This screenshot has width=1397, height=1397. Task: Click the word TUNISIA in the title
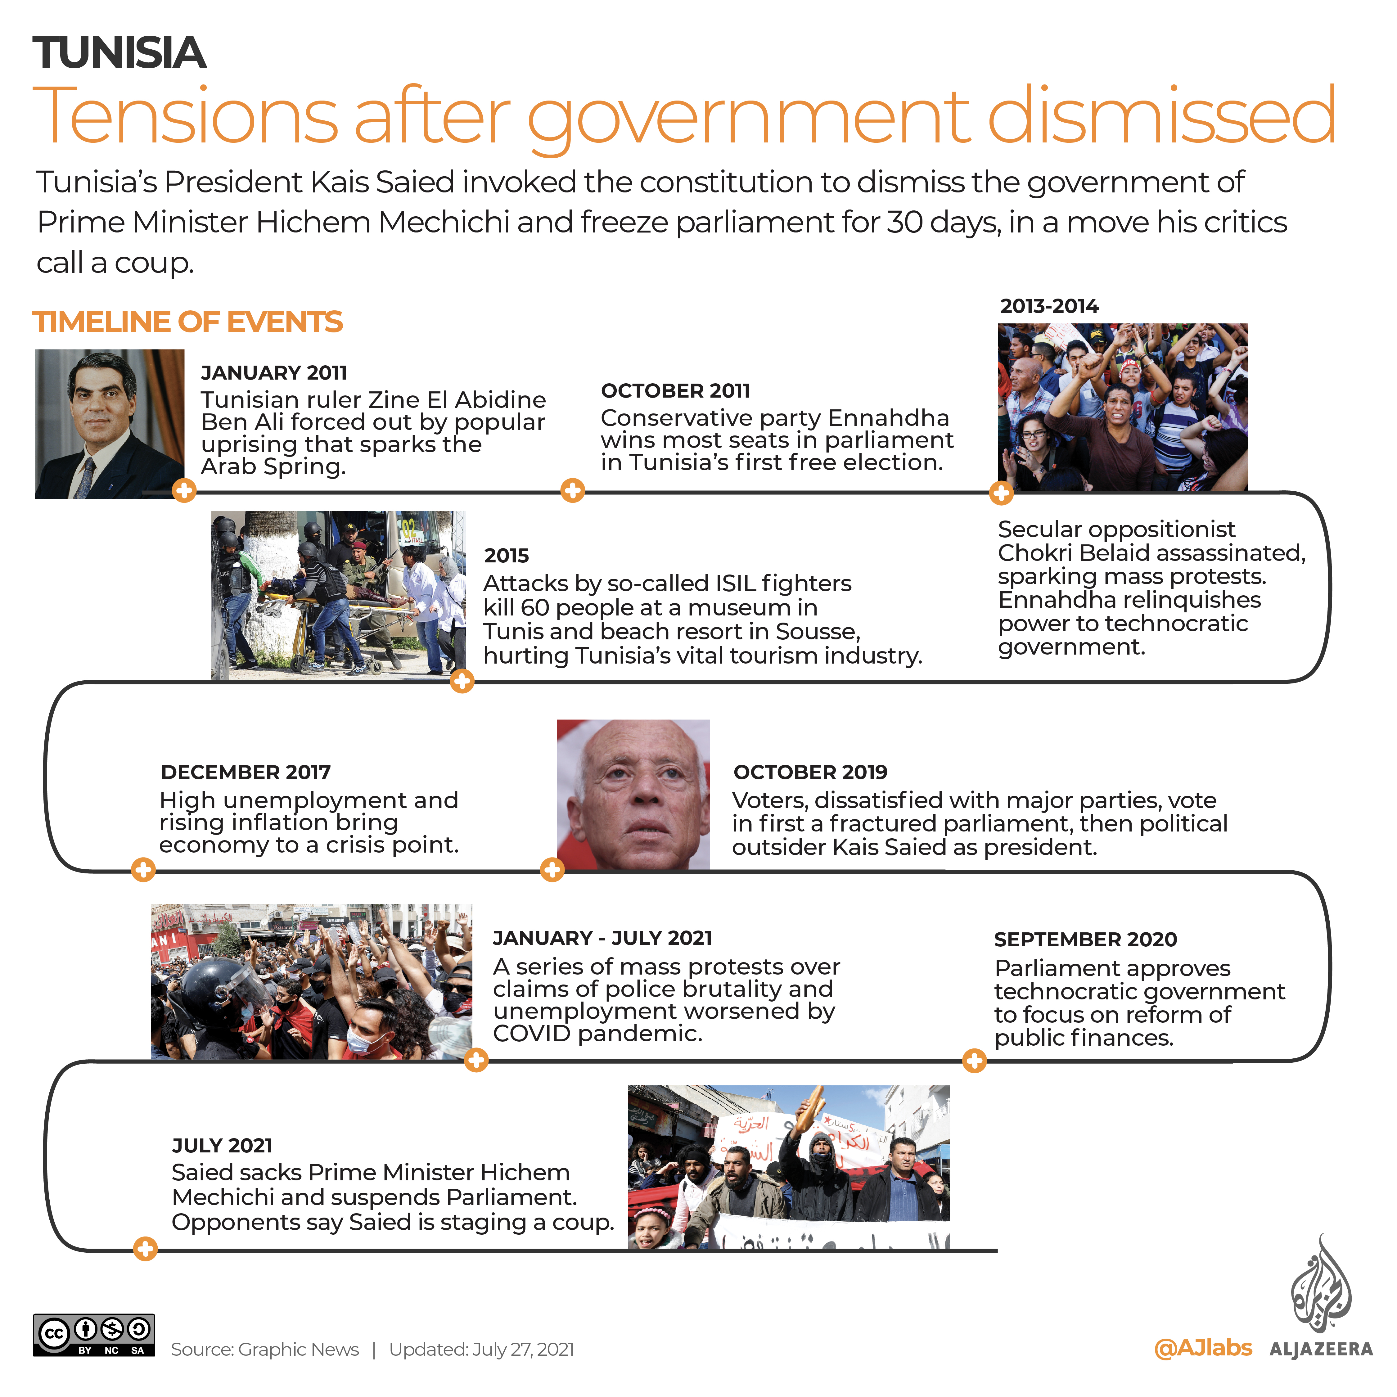pos(119,53)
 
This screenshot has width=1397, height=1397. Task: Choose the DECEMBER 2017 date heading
pos(246,772)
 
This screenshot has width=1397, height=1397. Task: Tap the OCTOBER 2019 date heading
pos(810,772)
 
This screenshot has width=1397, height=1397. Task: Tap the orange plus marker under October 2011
pos(573,491)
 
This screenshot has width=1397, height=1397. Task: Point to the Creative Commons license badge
pos(94,1335)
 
